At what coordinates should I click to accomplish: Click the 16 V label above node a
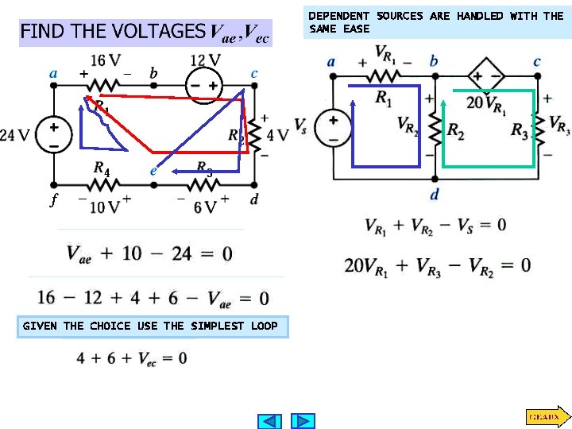click(105, 60)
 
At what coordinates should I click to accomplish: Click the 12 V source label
click(205, 60)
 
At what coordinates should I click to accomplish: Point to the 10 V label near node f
click(104, 207)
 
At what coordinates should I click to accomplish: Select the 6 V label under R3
click(204, 207)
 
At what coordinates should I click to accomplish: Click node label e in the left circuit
click(153, 170)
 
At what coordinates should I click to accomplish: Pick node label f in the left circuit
click(53, 200)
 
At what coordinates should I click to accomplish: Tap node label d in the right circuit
click(435, 195)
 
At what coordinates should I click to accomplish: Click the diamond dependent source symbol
click(486, 76)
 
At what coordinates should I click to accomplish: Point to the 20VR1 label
click(486, 103)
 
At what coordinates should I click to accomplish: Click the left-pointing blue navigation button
click(270, 420)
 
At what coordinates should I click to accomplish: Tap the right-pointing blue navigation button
click(303, 420)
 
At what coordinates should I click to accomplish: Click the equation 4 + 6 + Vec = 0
click(132, 358)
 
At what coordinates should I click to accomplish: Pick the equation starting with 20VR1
click(437, 265)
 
